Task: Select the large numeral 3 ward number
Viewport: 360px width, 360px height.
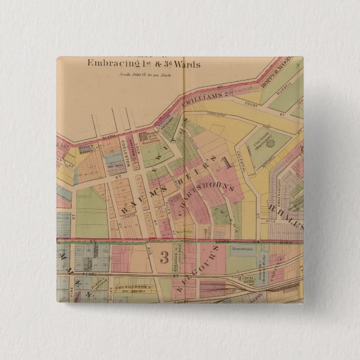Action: click(164, 257)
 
